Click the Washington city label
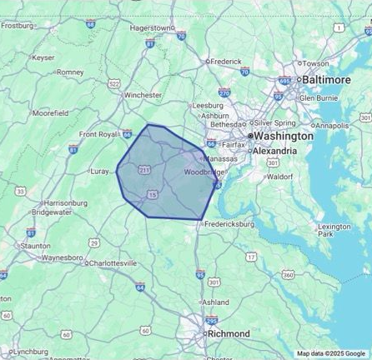click(x=284, y=135)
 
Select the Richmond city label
click(x=228, y=333)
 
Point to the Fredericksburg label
click(x=229, y=223)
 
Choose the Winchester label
click(x=143, y=95)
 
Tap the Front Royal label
click(x=98, y=134)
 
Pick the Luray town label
click(x=99, y=171)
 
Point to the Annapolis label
click(x=333, y=125)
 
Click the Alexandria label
click(x=274, y=151)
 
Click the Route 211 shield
click(x=144, y=170)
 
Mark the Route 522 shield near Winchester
click(x=114, y=83)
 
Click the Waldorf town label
click(x=280, y=177)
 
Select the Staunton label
click(x=36, y=246)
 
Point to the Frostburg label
click(x=17, y=25)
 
